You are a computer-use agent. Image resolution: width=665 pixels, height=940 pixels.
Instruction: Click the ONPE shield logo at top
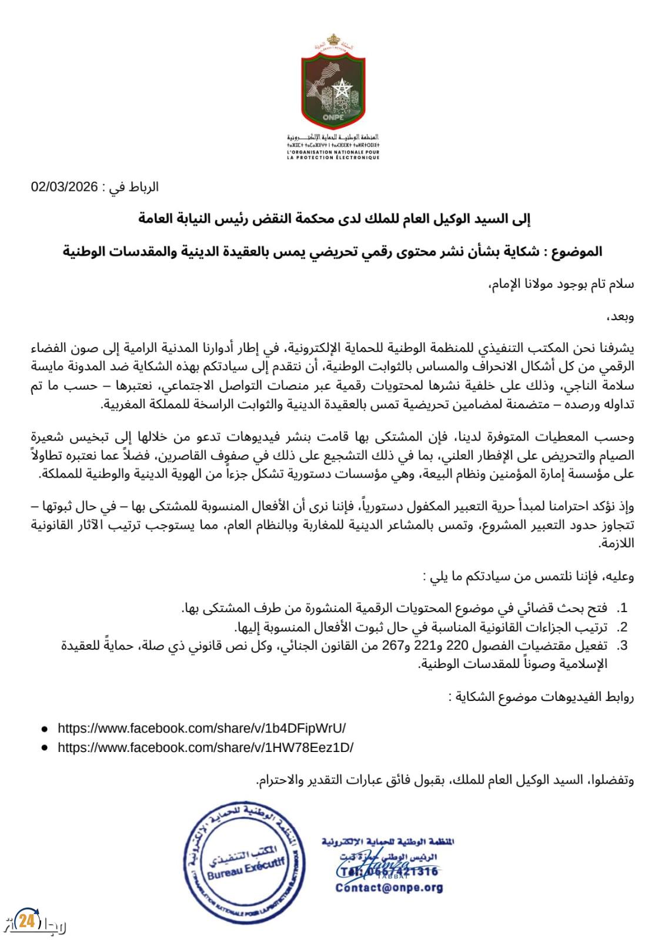coord(332,83)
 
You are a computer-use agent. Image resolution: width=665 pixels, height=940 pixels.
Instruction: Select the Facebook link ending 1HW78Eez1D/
coord(205,748)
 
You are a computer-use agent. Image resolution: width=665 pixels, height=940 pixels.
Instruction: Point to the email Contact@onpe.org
coord(389,888)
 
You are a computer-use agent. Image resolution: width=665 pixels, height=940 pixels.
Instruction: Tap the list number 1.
coord(621,607)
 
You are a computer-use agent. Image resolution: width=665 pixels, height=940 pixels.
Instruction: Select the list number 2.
coord(621,626)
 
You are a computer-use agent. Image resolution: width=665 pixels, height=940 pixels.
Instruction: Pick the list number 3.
coord(621,646)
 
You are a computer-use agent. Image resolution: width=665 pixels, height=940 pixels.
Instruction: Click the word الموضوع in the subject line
coord(580,252)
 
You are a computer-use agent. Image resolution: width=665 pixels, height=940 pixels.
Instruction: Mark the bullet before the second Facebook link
coord(45,748)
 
